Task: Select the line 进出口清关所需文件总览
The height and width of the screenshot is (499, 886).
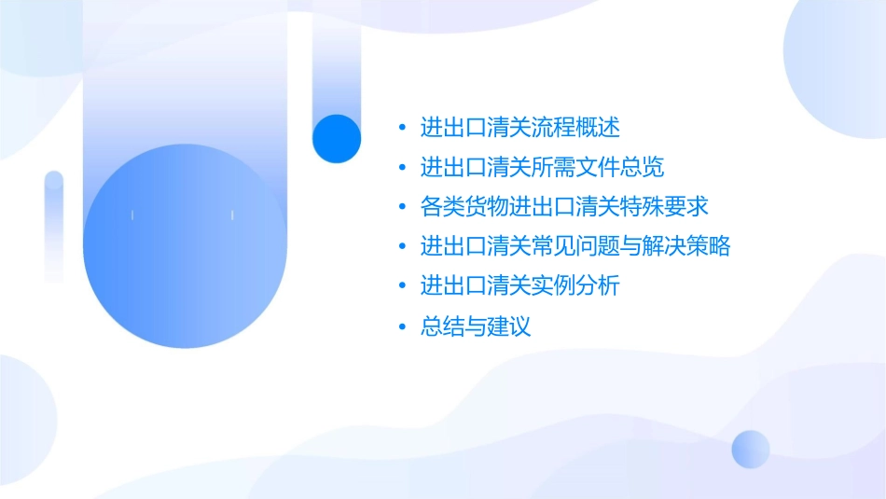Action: coord(542,167)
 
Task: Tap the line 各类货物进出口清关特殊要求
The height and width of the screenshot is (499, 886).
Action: coord(564,206)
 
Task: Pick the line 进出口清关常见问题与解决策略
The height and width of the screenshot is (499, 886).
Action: coord(575,246)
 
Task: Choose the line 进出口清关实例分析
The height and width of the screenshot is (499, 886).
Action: coord(520,285)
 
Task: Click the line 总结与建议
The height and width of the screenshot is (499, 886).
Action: coord(476,326)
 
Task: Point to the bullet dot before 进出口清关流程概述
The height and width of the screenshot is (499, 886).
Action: coord(402,128)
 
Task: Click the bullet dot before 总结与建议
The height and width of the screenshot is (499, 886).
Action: coord(402,327)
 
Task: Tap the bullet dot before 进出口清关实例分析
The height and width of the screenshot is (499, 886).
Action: coord(402,286)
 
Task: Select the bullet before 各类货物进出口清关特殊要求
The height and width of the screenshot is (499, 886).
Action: coord(402,207)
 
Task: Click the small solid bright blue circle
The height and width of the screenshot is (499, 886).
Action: coord(337,139)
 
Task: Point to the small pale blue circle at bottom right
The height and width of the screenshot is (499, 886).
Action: coord(751,449)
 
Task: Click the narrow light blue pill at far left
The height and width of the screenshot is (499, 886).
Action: coord(54,224)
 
